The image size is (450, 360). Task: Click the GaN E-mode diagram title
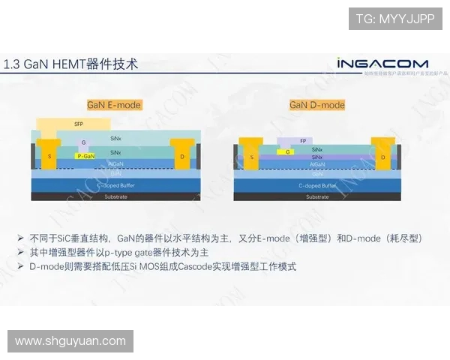click(x=114, y=105)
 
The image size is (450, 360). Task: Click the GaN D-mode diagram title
click(x=317, y=105)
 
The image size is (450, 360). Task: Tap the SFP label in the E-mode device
click(x=78, y=124)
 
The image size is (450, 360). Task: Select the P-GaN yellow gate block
click(x=86, y=156)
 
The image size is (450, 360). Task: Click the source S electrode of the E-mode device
click(x=50, y=156)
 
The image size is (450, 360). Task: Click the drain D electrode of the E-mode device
click(x=182, y=156)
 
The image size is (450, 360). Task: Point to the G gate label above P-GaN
click(x=84, y=142)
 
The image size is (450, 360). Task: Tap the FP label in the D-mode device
click(x=302, y=141)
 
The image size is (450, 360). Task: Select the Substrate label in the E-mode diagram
click(x=115, y=196)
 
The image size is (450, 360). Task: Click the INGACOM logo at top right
click(x=382, y=63)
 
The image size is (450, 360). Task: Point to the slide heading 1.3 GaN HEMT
click(x=71, y=64)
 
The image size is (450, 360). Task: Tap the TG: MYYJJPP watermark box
click(x=394, y=19)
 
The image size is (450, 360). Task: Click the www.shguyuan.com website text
click(x=70, y=341)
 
